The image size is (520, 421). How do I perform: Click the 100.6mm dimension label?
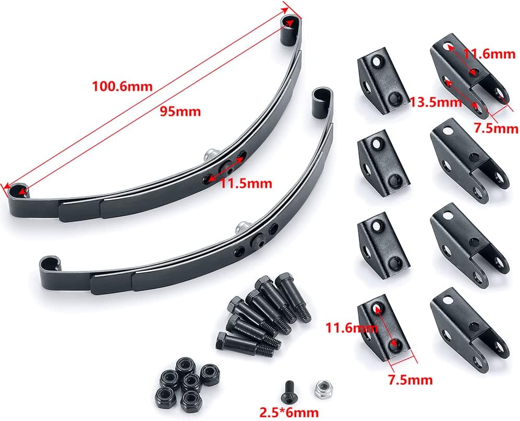tap(122, 86)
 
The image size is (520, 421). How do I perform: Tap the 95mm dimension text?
tap(180, 112)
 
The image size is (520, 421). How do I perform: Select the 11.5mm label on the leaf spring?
tap(246, 183)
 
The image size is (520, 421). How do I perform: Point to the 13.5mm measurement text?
tap(436, 102)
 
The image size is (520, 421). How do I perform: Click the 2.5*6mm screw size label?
tap(289, 412)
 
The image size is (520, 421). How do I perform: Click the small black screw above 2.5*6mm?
tap(290, 390)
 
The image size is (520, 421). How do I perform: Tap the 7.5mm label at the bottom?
tap(410, 380)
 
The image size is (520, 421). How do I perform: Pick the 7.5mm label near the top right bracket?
tap(496, 128)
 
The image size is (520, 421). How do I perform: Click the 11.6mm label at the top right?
tap(489, 54)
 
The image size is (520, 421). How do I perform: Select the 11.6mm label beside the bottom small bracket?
tap(352, 328)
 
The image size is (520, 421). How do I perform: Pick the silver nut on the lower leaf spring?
tap(243, 227)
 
